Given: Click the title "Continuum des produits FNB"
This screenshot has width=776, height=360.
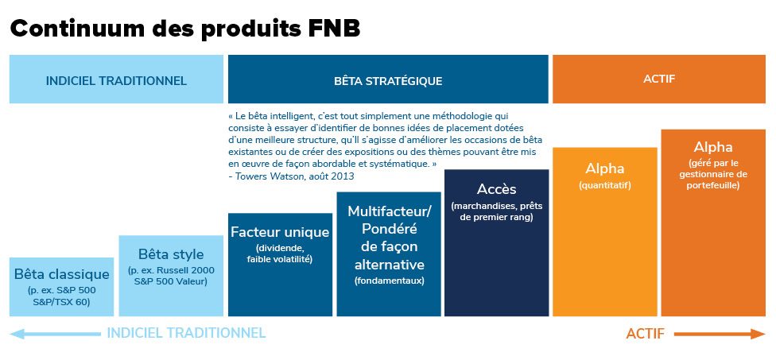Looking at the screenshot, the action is coord(185,29).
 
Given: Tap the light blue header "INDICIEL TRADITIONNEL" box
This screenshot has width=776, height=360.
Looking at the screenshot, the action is coord(116,79).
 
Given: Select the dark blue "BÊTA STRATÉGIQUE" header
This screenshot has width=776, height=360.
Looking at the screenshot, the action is coord(388,79).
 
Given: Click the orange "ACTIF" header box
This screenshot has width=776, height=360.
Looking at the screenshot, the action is coord(659,79).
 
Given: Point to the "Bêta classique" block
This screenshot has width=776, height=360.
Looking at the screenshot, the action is coord(61,287).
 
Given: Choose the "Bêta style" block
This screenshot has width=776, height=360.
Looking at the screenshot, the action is coord(171,276).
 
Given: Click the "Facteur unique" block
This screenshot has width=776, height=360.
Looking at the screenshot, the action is coord(280,265).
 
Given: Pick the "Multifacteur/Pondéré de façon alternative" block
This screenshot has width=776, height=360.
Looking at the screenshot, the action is coord(389,254).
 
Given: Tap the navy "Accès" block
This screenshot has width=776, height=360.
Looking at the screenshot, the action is coord(496,243).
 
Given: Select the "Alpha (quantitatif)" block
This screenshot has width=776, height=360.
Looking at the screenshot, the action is coord(605,232).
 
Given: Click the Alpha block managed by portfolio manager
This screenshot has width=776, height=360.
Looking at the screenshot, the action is coord(713,223).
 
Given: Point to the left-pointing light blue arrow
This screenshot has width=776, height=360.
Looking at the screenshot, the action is coord(55,334).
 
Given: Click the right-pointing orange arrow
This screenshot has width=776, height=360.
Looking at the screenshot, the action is coord(720,334).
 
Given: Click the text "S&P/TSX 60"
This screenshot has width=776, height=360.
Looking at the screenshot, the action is coord(61,301).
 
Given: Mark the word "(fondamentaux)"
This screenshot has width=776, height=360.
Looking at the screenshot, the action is coord(389,281).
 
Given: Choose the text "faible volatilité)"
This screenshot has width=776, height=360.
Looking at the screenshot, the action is coord(280,258).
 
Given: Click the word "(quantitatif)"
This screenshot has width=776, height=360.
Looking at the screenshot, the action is coord(605,186).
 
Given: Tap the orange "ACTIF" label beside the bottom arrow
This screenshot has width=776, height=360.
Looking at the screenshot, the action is coord(646,334).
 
